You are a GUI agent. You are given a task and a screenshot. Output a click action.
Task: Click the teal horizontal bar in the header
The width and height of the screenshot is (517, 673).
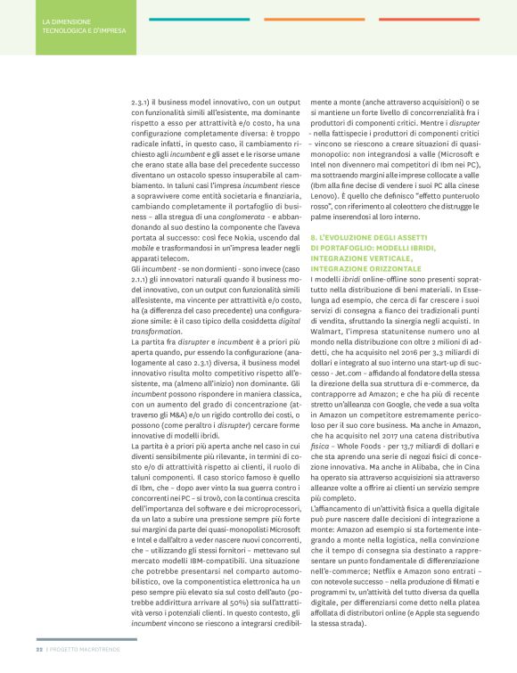(x=187, y=19)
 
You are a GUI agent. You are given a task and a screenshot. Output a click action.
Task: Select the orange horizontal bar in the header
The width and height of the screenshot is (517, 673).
(x=340, y=19)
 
